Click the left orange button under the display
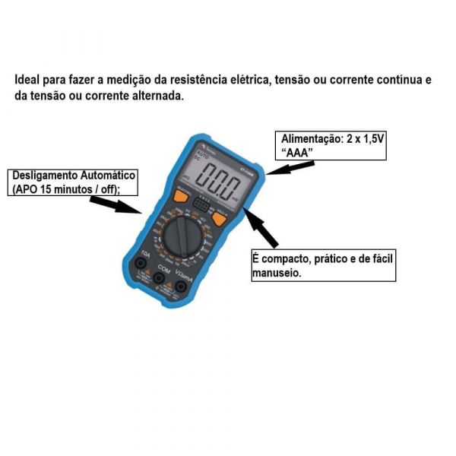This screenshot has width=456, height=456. (180, 198)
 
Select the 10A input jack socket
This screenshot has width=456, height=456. (141, 264)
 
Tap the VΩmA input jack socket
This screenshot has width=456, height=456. (182, 286)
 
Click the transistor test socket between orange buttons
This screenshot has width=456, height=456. (201, 204)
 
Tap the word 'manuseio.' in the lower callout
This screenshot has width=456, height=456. (276, 272)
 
